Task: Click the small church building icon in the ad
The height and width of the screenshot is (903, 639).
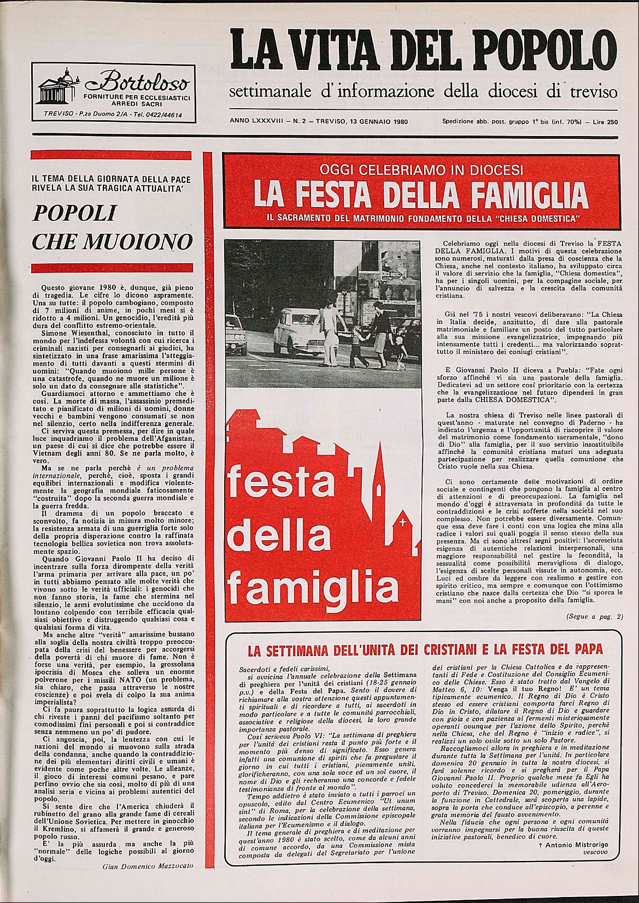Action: (58, 87)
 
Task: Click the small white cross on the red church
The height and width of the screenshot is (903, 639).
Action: (403, 522)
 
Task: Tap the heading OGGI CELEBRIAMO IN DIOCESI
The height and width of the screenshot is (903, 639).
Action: (421, 169)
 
